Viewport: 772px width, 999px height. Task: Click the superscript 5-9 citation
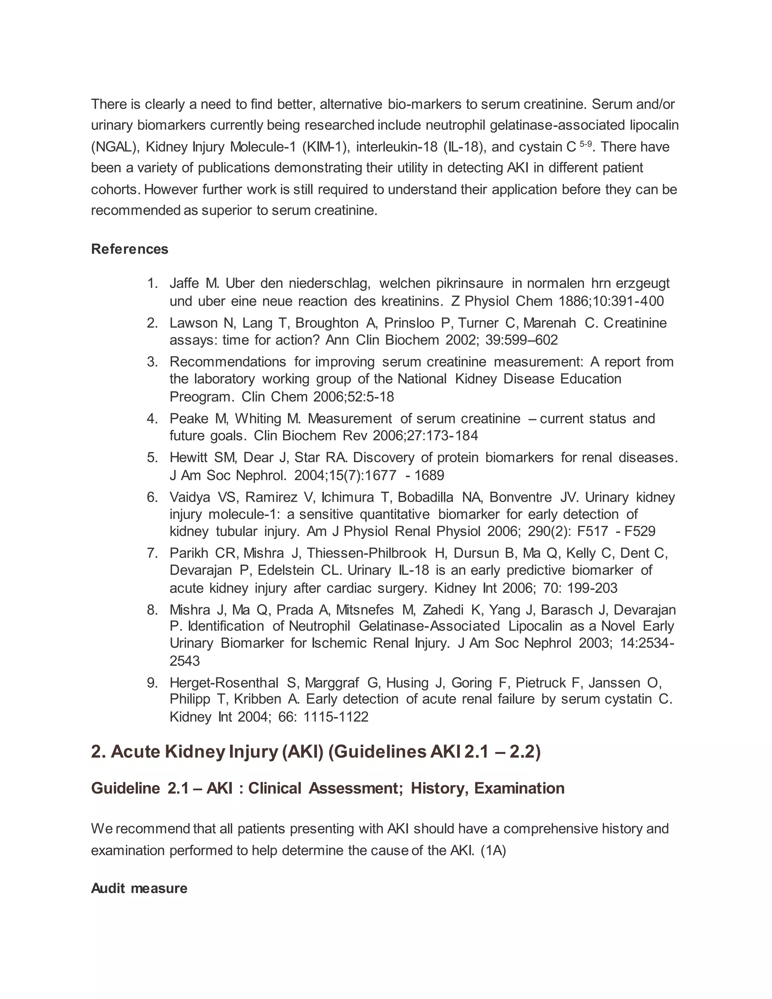[585, 144]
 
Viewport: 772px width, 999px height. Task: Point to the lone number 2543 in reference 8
[185, 660]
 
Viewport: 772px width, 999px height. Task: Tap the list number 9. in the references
[152, 683]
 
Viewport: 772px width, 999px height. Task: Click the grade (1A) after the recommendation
[493, 850]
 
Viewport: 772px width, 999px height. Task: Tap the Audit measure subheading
[139, 888]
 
